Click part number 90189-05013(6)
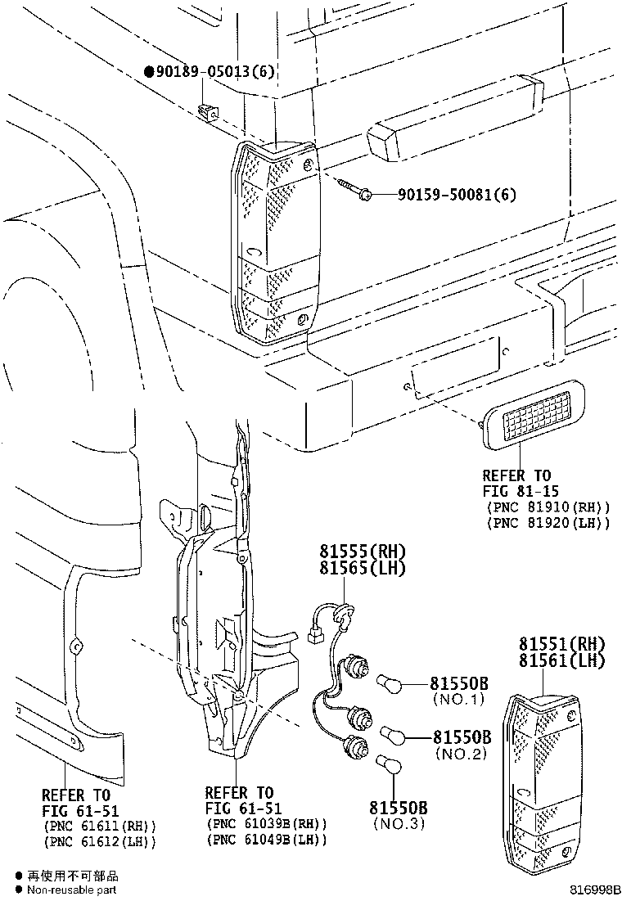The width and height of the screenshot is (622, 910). pos(214,72)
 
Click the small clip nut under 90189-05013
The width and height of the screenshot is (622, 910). pos(209,110)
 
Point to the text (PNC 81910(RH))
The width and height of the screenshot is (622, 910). pos(548,507)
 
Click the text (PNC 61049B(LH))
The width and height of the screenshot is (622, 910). pos(268,840)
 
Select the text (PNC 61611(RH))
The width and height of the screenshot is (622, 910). pos(99,827)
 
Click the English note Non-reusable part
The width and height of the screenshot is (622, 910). pos(71,890)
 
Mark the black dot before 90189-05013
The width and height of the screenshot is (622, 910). pos(149,72)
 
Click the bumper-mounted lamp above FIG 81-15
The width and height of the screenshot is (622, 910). pos(532,415)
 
